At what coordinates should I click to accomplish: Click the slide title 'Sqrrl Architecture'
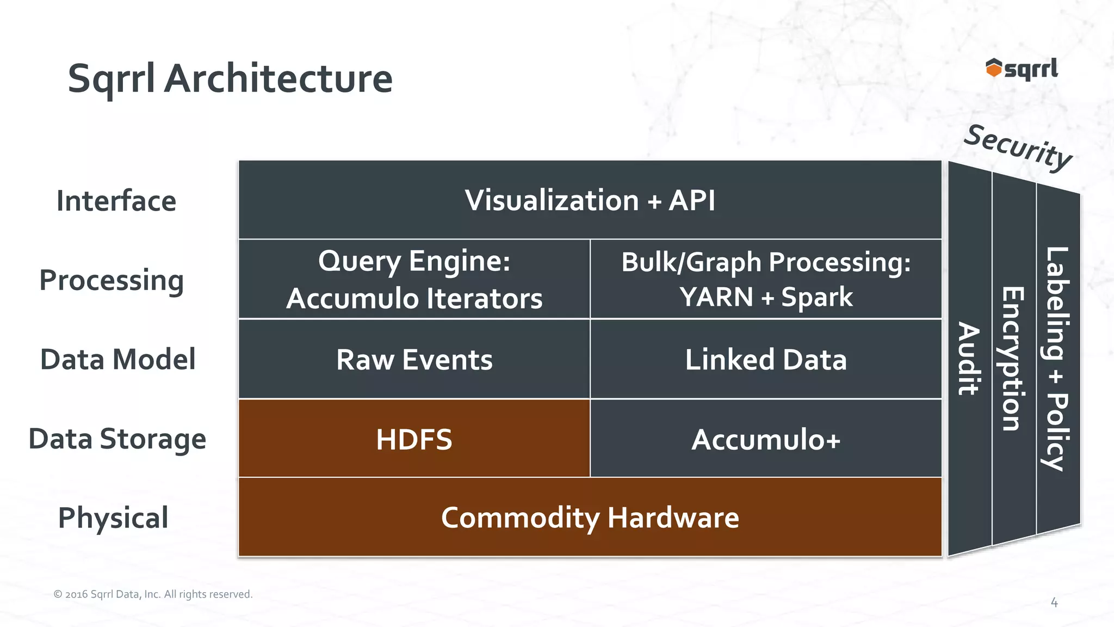(230, 79)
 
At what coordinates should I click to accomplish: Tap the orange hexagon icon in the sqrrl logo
(993, 68)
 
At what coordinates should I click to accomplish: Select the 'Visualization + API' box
(590, 200)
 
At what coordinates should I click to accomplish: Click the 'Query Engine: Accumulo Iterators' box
(414, 279)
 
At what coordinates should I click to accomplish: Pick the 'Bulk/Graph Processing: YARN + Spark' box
(766, 279)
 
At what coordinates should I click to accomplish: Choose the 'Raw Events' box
(414, 359)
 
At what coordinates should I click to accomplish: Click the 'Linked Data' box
(766, 359)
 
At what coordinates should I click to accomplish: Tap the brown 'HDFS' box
(414, 439)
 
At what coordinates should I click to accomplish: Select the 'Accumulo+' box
(766, 439)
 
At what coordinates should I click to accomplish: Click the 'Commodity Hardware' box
(590, 518)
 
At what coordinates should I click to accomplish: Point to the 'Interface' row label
(116, 201)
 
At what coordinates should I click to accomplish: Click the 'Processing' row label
(112, 281)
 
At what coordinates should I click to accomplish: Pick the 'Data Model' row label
(117, 359)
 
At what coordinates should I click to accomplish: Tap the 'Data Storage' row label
(117, 439)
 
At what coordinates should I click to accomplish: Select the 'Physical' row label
(113, 518)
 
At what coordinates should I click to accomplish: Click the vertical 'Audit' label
(969, 359)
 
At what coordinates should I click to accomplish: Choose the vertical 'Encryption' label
(1013, 359)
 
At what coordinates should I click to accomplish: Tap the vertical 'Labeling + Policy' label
(1057, 359)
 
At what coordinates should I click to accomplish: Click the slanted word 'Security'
(1018, 147)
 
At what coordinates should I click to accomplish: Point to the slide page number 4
(1054, 603)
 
